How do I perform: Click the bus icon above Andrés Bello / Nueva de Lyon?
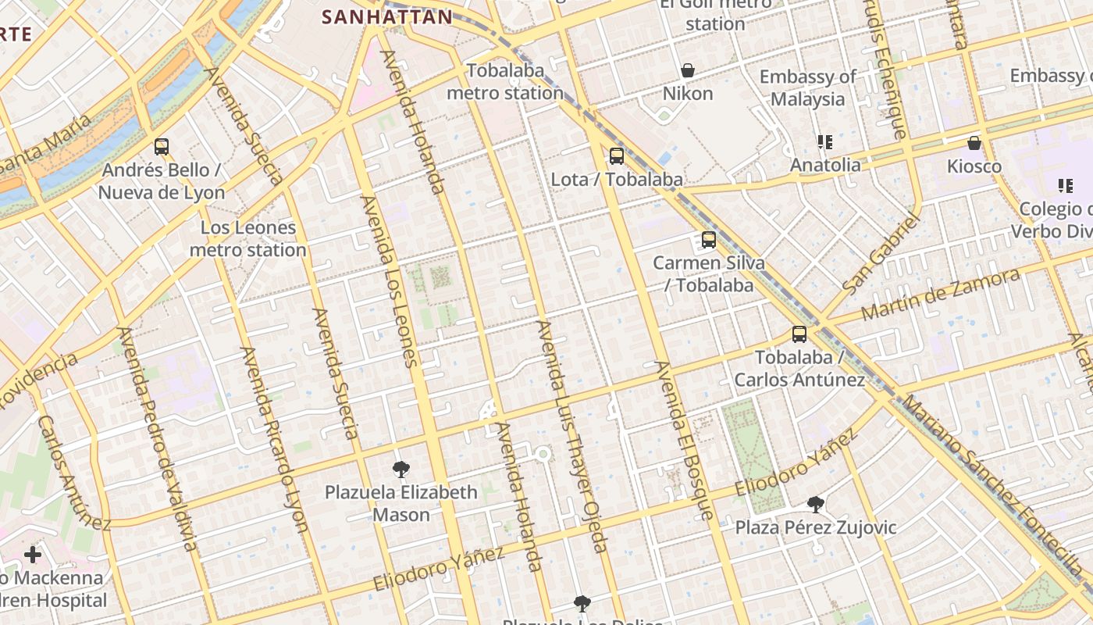162,146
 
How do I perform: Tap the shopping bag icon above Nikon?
688,71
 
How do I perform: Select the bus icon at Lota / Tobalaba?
617,156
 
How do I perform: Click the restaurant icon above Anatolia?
825,142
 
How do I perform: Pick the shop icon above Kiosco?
974,143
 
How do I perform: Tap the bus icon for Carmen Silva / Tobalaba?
709,240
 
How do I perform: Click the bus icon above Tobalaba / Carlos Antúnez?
799,334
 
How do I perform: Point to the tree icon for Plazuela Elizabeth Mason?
401,470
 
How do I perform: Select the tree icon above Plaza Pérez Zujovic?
816,505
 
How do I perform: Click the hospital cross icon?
33,555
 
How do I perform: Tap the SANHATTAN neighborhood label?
387,16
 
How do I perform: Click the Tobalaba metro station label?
505,82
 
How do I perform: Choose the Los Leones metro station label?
248,239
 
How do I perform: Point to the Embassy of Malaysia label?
807,87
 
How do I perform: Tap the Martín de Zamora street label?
941,294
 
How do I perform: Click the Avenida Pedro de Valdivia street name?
157,437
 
